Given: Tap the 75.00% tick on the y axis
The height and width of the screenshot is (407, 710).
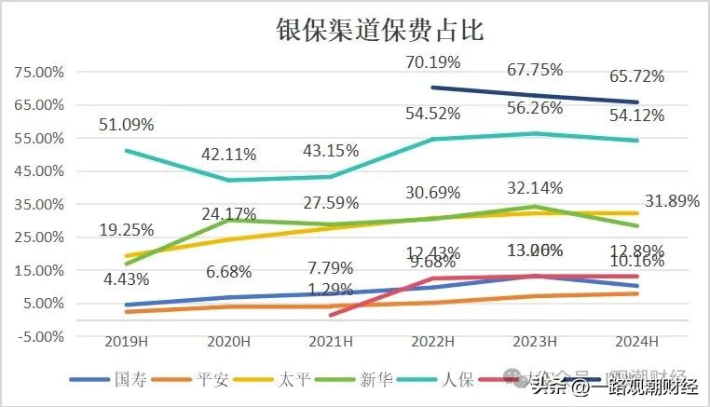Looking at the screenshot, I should pyautogui.click(x=35, y=72).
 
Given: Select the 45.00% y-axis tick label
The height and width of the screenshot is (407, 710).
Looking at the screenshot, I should pyautogui.click(x=35, y=171).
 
